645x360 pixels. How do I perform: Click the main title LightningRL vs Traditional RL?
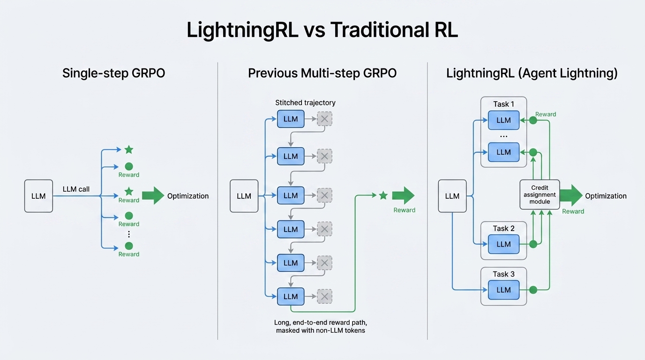[322, 30]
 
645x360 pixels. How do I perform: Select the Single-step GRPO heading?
[113, 73]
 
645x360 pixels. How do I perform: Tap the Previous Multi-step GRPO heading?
[322, 73]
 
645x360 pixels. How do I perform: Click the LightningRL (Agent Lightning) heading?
[532, 73]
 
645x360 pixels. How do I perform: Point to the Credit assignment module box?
[540, 195]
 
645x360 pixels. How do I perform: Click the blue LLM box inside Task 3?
[503, 290]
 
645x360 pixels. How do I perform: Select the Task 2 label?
[503, 228]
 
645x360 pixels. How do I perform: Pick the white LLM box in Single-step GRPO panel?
[38, 196]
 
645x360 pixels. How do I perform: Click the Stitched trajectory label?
[305, 103]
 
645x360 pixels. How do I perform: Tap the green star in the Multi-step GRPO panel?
[383, 195]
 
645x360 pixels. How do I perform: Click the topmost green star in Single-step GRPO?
[129, 150]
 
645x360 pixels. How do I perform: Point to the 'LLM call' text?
[76, 189]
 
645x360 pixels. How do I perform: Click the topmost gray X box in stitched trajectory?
[324, 119]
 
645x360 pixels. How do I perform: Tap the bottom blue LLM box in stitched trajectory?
[291, 296]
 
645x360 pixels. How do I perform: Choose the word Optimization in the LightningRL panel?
[606, 196]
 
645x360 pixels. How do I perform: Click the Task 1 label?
[503, 104]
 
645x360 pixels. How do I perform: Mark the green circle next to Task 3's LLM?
[533, 290]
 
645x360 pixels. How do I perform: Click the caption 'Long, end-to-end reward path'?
[323, 323]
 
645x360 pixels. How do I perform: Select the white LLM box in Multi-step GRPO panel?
[244, 196]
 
